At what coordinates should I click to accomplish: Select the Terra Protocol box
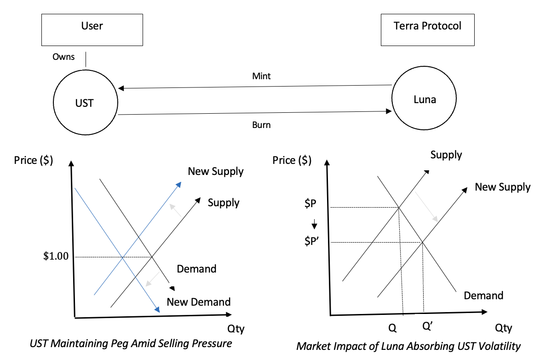click(427, 29)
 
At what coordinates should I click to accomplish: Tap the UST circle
click(85, 103)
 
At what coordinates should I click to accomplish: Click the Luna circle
click(424, 99)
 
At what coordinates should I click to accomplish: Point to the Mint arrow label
click(261, 76)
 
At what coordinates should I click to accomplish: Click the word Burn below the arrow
click(261, 124)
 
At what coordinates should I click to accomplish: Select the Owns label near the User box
click(63, 58)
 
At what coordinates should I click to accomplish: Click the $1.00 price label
click(55, 256)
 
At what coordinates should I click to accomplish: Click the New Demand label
click(198, 302)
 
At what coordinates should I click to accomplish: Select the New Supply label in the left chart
click(215, 172)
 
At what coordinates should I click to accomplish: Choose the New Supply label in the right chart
click(502, 187)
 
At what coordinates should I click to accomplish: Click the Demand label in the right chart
click(483, 295)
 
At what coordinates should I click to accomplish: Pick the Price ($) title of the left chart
click(33, 160)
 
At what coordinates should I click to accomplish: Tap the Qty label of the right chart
click(503, 328)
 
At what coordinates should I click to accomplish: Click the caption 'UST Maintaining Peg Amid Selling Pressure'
click(131, 343)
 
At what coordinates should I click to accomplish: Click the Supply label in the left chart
click(224, 203)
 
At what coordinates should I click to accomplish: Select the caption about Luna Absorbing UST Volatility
click(408, 346)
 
